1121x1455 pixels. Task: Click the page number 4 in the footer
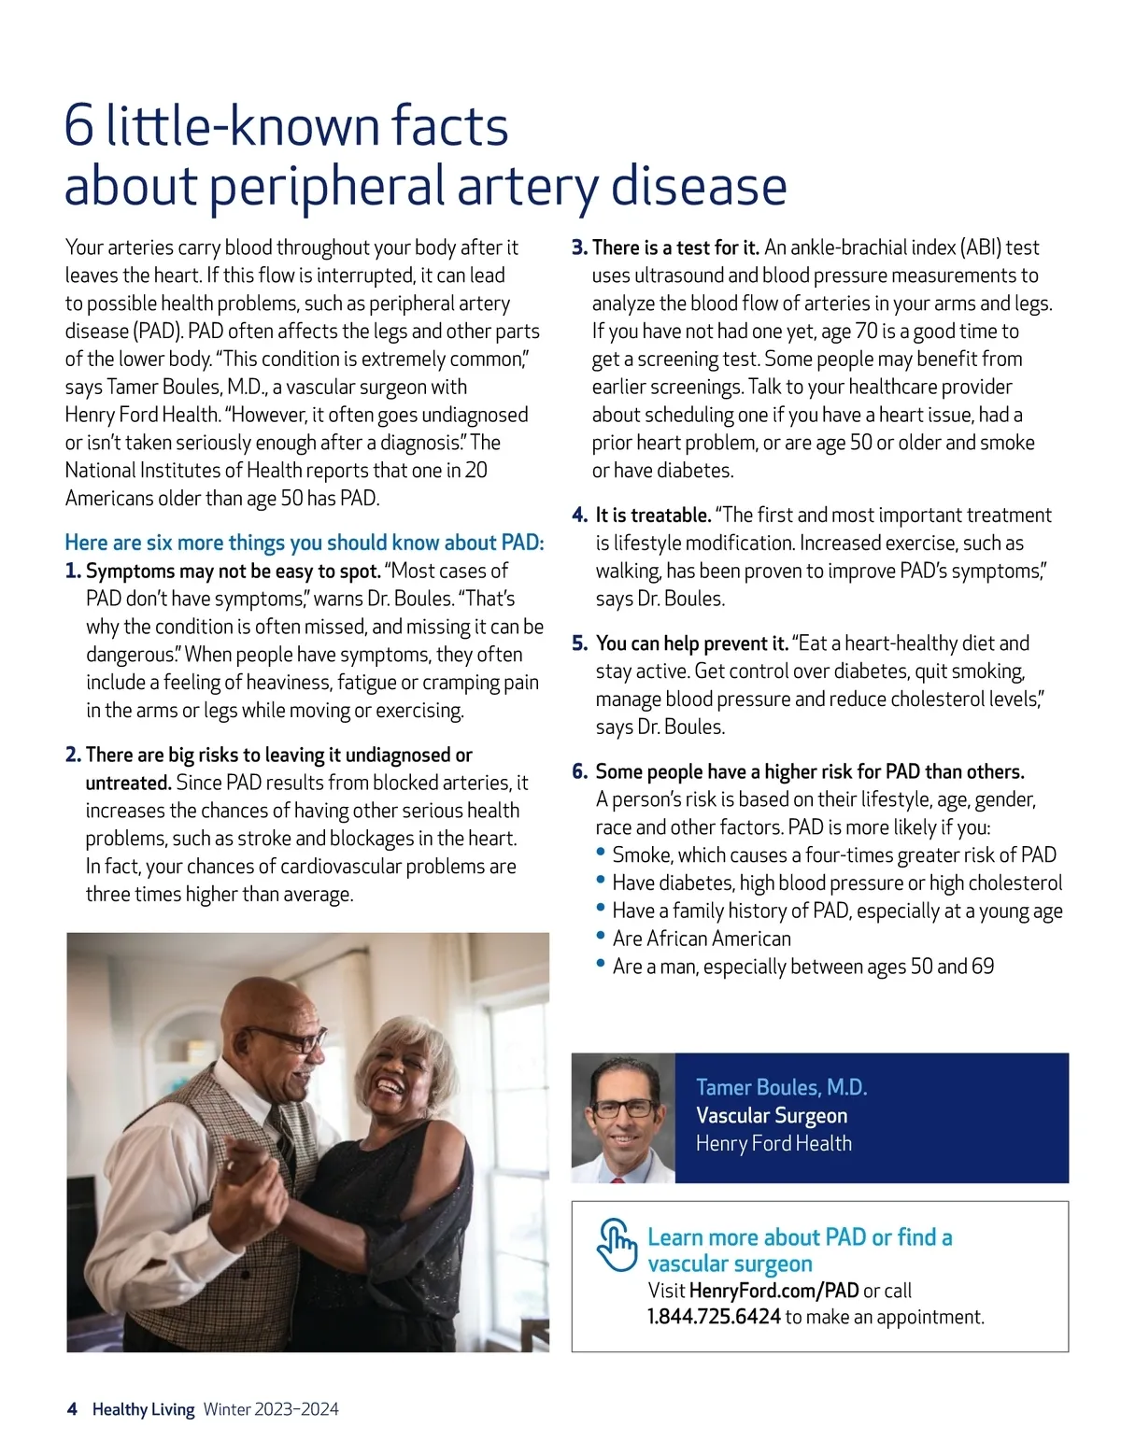[72, 1409]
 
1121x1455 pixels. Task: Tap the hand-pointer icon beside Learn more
[617, 1245]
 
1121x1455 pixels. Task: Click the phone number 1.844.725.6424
[714, 1317]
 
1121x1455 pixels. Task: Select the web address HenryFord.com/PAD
[773, 1291]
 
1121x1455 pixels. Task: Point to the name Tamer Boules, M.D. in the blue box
[781, 1087]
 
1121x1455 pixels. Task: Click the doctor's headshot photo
[623, 1118]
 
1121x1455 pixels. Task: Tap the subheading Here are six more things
[304, 543]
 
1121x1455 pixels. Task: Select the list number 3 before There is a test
[579, 247]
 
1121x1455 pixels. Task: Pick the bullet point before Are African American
[602, 936]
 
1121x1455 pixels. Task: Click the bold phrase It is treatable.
[653, 516]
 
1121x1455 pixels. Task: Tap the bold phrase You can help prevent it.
[691, 643]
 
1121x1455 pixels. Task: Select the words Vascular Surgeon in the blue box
[772, 1115]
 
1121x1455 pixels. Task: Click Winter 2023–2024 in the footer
[271, 1409]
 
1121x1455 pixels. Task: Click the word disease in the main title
[699, 186]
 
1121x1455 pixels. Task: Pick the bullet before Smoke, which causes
[602, 852]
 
